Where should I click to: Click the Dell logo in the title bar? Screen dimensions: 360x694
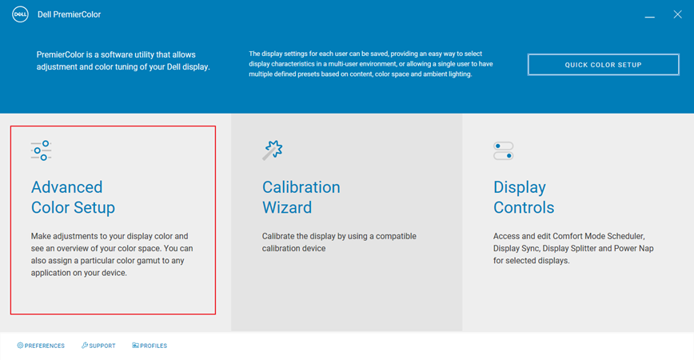point(20,14)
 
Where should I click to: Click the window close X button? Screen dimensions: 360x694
point(677,14)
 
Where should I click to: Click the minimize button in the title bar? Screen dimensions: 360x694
point(651,15)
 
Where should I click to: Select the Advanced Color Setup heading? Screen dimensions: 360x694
point(73,197)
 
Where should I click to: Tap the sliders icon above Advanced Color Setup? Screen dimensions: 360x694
point(41,150)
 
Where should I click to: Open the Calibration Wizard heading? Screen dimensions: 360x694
point(301,197)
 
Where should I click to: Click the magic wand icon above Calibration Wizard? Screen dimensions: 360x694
point(273,150)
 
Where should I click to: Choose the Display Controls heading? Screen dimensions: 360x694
point(524,197)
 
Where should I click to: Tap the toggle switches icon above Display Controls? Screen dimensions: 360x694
point(504,150)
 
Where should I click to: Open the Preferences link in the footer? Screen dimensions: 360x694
point(44,346)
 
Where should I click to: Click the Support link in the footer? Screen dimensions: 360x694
point(102,346)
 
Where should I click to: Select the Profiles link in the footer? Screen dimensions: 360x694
point(154,346)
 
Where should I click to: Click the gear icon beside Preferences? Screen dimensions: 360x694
point(20,346)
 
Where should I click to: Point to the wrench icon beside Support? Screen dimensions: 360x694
point(85,346)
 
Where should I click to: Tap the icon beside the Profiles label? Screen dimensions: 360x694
point(135,346)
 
